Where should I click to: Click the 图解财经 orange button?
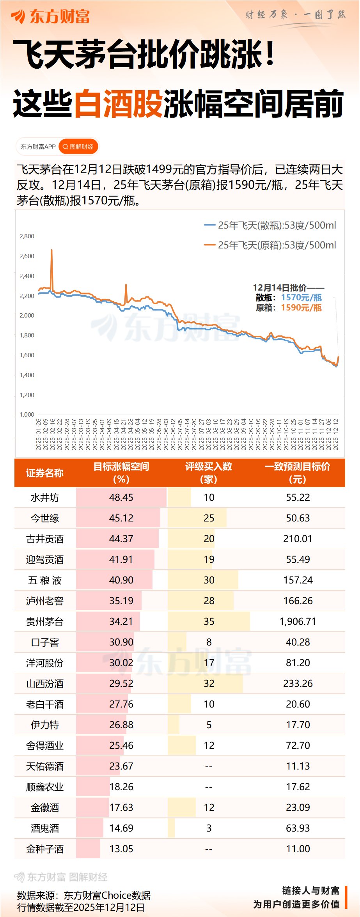[78, 147]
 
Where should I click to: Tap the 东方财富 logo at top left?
[51, 17]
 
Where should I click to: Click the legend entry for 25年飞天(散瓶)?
[270, 225]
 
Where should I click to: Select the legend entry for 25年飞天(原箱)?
[270, 245]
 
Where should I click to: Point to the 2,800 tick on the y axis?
[27, 236]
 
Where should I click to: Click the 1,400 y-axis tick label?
[27, 375]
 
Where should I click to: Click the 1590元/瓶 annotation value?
[301, 308]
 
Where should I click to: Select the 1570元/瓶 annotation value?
[301, 298]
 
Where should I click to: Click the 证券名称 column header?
[45, 473]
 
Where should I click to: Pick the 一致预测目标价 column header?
[298, 473]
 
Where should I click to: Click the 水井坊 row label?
[45, 498]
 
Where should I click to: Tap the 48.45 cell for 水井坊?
[121, 498]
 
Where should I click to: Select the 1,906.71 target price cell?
[298, 622]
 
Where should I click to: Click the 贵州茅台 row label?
[45, 622]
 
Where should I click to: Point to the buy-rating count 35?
[209, 622]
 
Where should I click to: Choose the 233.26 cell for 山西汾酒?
[298, 684]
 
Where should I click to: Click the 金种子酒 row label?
[45, 849]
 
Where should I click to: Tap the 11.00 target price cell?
[298, 849]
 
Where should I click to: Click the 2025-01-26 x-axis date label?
[39, 434]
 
